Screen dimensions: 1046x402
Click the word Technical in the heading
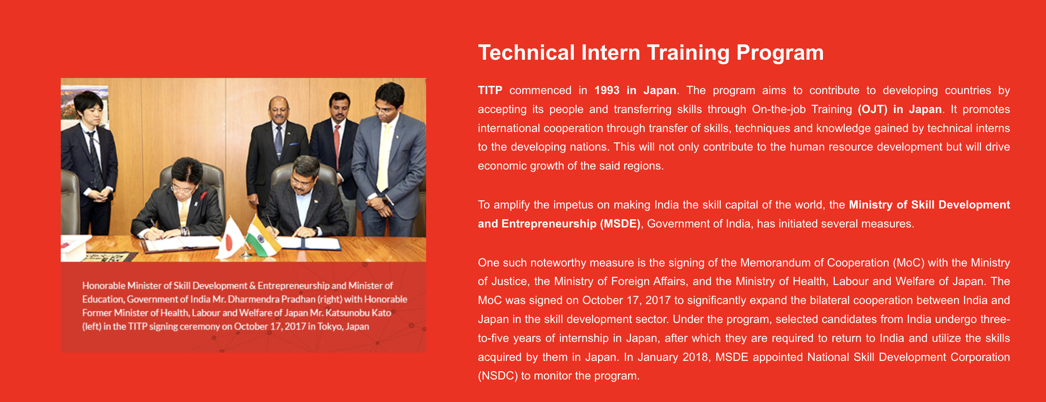[x=526, y=53]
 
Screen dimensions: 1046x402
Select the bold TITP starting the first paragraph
[x=490, y=90]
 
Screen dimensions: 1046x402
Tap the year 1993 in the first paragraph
[x=607, y=90]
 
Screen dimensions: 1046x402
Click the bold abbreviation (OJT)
[x=872, y=109]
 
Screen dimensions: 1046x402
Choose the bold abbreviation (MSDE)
[x=620, y=224]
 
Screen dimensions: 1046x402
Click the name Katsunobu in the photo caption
[x=348, y=313]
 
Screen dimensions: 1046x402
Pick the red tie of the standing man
[x=337, y=146]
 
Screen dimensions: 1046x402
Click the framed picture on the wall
[x=84, y=104]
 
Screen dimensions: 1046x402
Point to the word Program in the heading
[x=780, y=53]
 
